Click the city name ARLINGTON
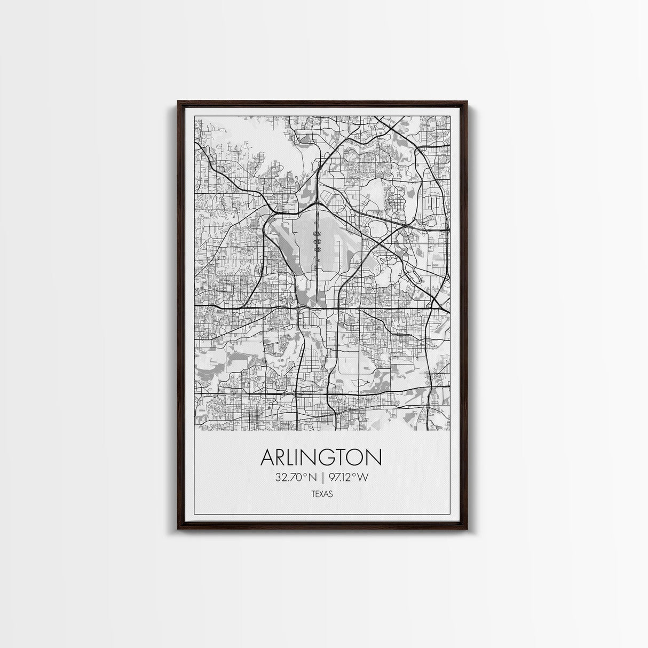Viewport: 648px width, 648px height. [321, 458]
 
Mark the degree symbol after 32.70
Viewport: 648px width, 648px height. [305, 475]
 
